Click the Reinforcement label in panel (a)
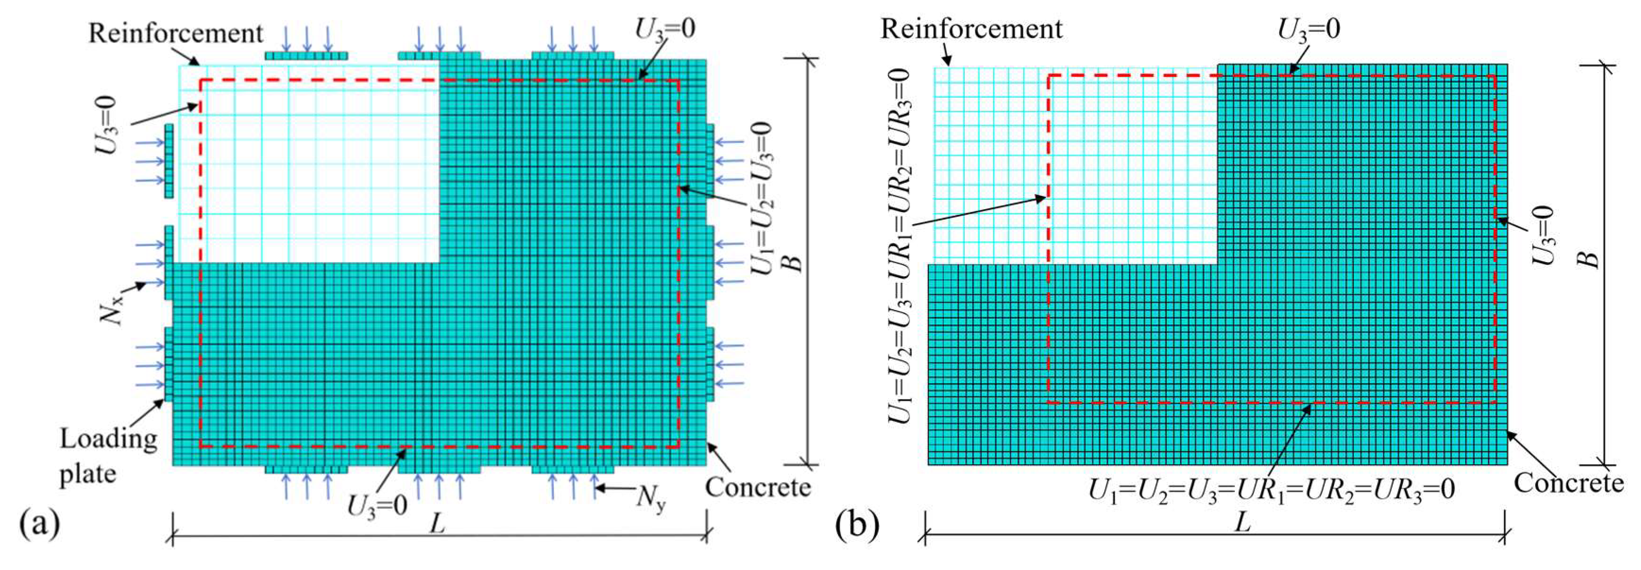175,33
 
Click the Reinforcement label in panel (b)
971,29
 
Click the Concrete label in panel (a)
757,487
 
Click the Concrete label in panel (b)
1568,483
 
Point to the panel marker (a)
40,524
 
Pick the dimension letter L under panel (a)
437,524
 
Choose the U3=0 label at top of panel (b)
1309,29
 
